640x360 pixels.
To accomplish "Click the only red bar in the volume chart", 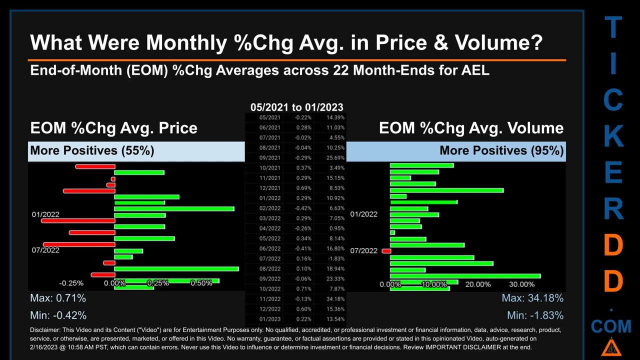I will point(386,251).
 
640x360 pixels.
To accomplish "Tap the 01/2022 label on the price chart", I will point(45,214).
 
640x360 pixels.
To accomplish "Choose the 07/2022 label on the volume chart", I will point(363,250).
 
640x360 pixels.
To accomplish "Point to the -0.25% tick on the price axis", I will point(71,283).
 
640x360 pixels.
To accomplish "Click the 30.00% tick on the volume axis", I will point(521,284).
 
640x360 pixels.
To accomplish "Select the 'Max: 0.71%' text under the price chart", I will point(58,298).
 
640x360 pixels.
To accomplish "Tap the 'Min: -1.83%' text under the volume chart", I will point(535,315).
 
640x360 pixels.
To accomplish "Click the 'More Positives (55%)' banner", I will point(92,150).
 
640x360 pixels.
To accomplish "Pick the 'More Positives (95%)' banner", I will point(501,150).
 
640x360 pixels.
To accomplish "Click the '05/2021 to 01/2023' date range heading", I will point(296,107).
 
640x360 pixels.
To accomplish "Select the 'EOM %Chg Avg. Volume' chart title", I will point(471,128).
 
